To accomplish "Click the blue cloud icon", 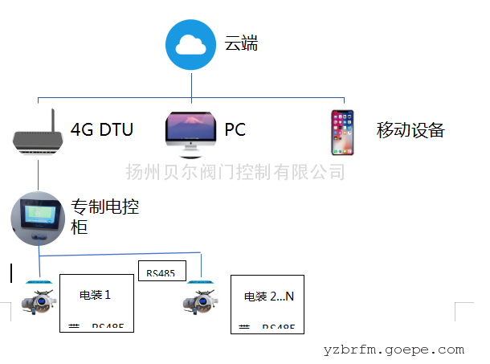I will tap(192, 45).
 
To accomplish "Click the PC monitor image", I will tap(190, 130).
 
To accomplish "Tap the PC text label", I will tap(235, 130).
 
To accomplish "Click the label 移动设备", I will tap(410, 130).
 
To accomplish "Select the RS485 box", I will tap(161, 273).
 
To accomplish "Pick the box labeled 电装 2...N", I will tap(268, 304).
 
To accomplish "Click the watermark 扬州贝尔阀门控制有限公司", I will tap(235, 171).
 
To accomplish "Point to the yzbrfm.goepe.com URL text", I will tap(394, 350).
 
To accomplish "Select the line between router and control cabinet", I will tap(38, 174).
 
